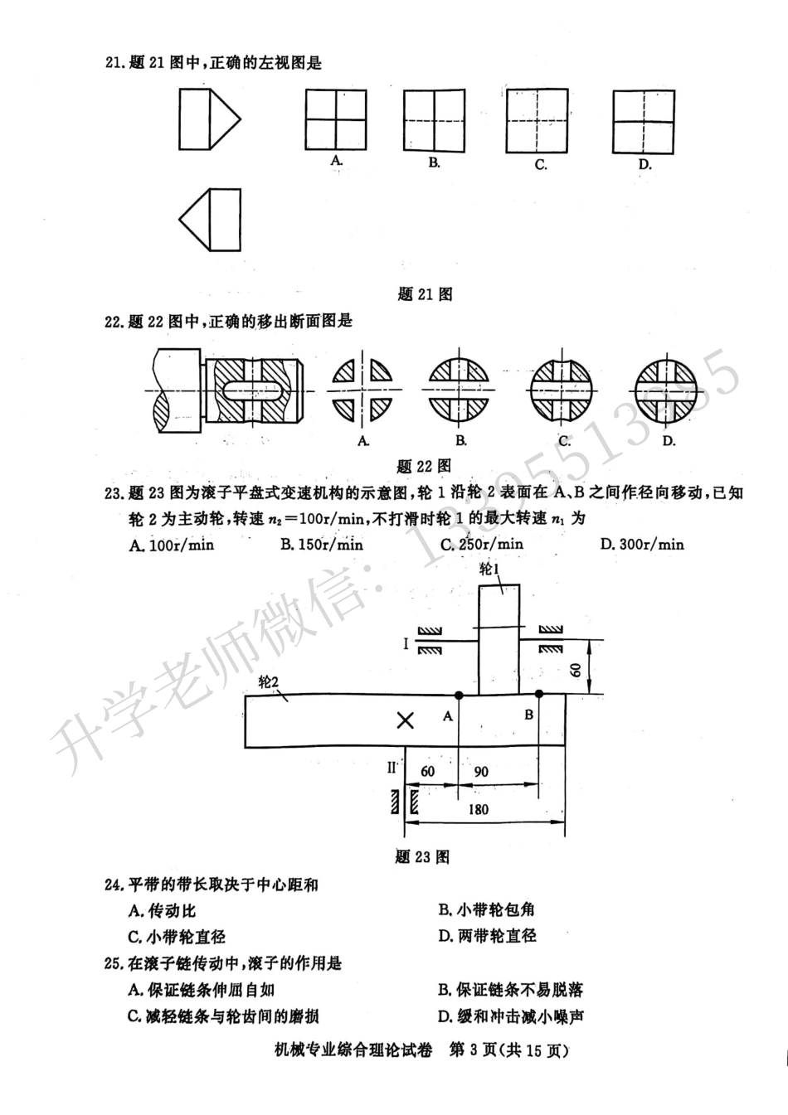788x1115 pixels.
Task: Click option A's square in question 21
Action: (336, 120)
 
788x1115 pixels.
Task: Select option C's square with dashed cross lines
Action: (537, 120)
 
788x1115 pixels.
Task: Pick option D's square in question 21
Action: (644, 120)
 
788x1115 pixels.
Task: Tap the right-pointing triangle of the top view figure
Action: (224, 118)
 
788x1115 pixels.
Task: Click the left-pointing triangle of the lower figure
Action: (195, 221)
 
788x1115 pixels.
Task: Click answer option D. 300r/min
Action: (642, 544)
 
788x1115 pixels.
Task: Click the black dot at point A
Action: (458, 694)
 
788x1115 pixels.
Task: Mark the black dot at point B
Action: (539, 694)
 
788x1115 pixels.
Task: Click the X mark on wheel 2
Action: (405, 720)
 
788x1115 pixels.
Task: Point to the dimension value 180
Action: (479, 809)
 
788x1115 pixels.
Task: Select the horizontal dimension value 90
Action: (480, 771)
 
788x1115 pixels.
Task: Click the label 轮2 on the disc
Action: (267, 681)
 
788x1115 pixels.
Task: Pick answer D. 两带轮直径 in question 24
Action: (488, 936)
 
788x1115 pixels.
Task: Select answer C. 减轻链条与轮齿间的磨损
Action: (223, 1016)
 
